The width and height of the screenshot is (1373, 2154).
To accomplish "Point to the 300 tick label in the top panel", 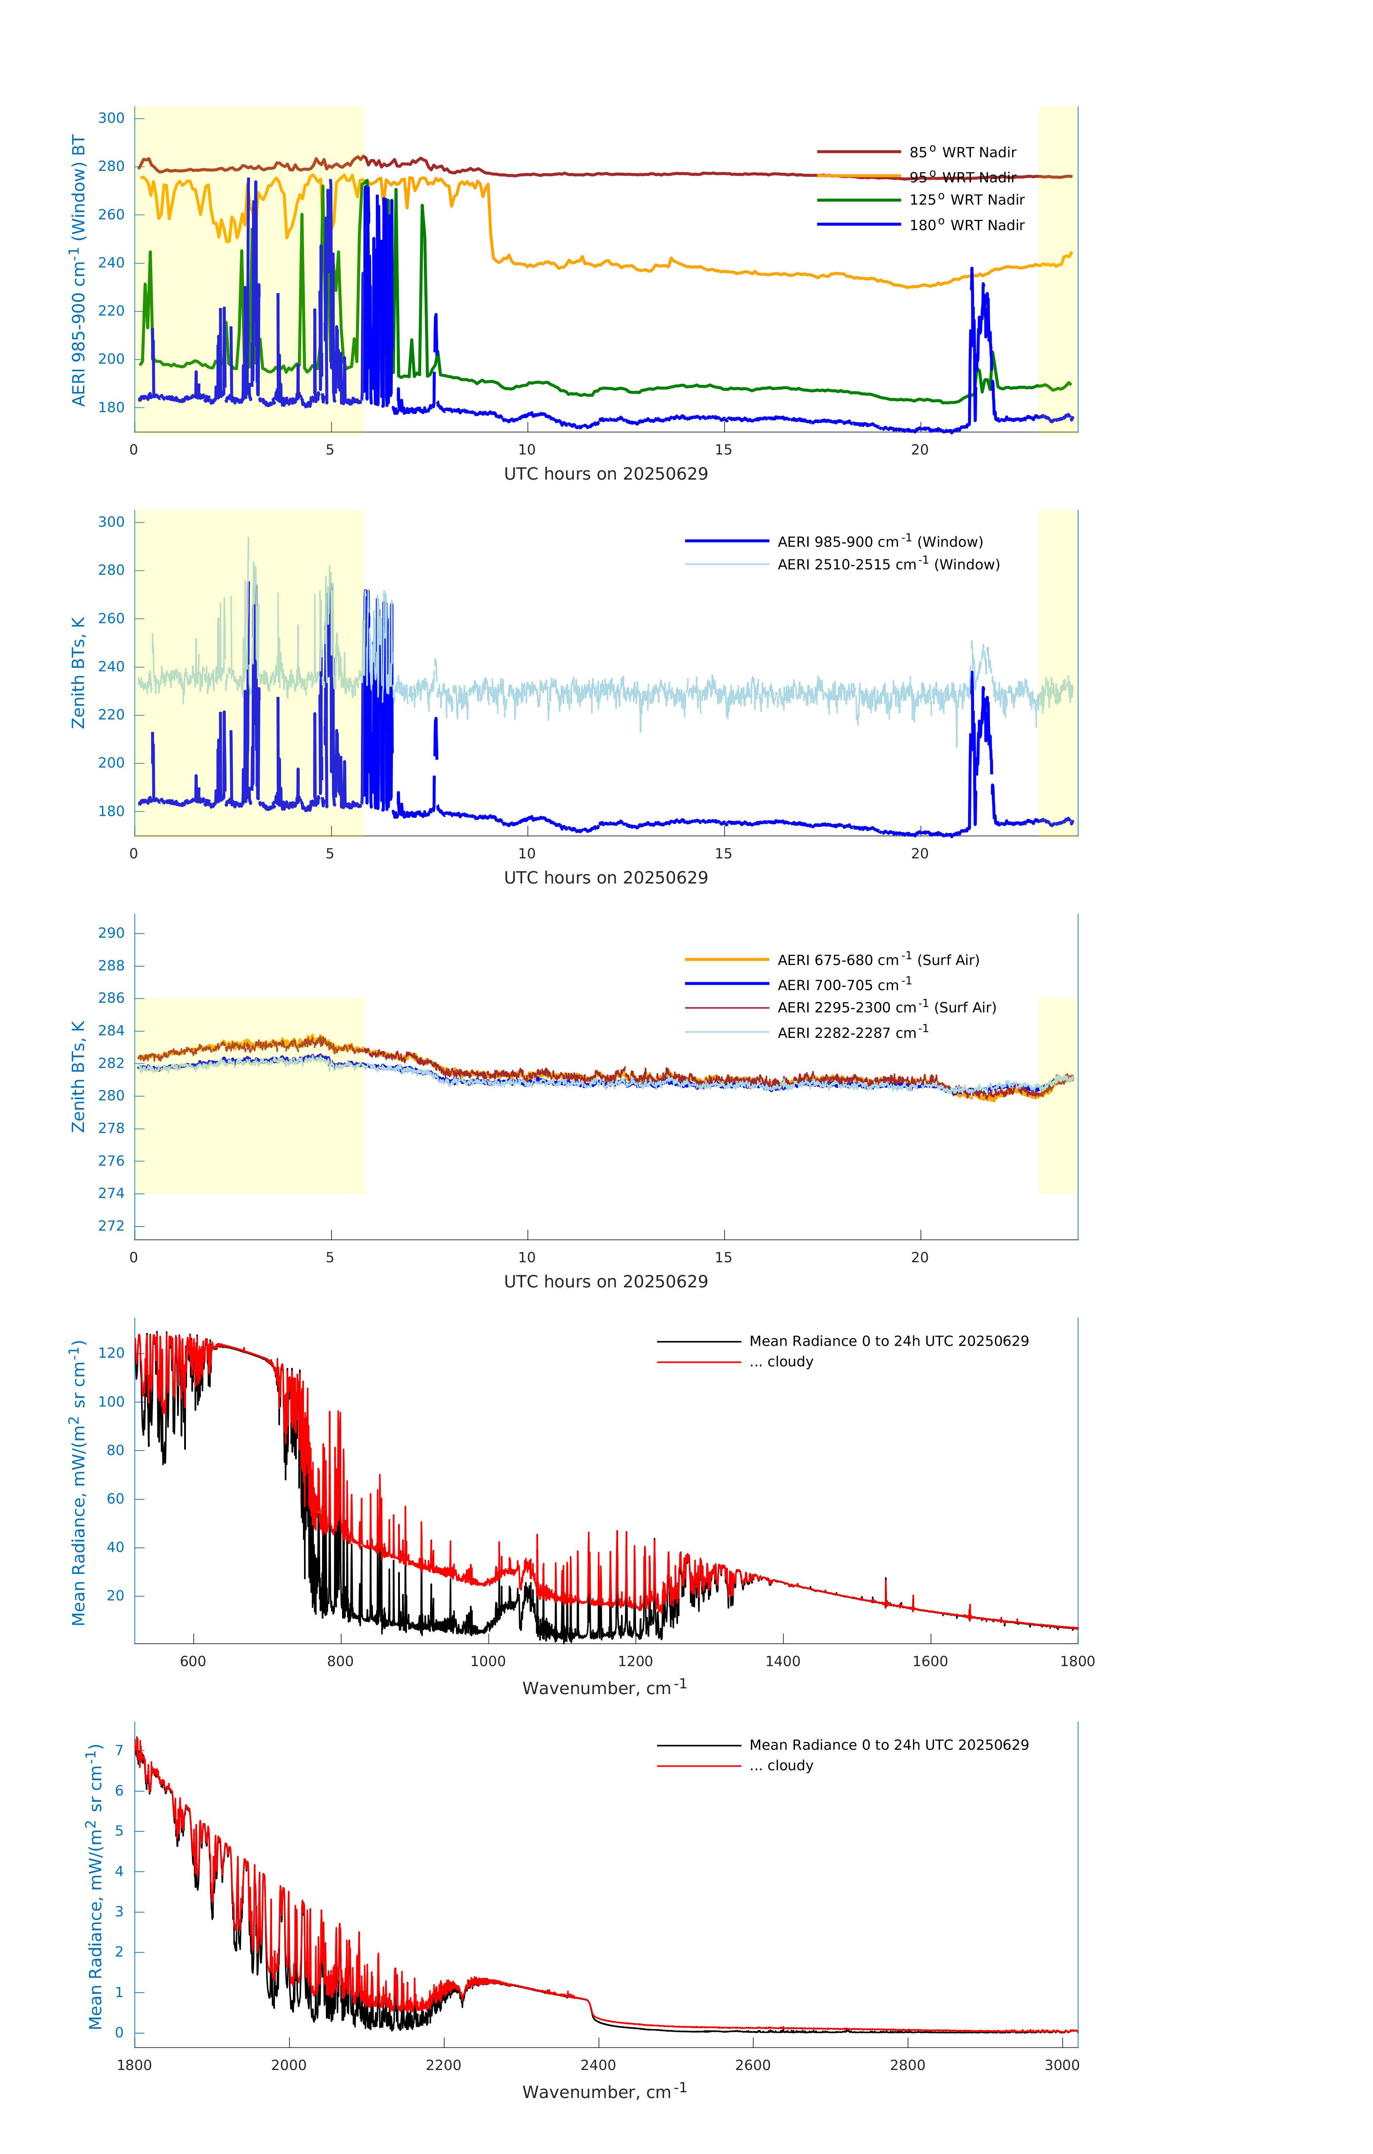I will (112, 118).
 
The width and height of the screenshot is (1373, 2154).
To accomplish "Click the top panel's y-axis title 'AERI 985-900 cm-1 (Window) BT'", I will (79, 270).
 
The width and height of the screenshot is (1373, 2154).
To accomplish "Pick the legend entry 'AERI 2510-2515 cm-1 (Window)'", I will (888, 564).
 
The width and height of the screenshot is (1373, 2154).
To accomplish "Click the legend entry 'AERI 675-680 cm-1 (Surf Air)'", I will (878, 960).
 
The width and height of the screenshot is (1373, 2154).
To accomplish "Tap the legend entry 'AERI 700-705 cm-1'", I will (844, 985).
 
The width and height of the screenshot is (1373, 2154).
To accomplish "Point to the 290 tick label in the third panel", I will (112, 933).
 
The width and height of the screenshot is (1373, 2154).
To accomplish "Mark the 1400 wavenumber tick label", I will (783, 1661).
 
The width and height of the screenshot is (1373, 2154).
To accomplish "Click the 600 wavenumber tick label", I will (193, 1661).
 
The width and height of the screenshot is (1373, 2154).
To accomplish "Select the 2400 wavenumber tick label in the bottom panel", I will (598, 2065).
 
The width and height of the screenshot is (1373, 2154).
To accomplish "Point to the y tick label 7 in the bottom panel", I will (119, 1750).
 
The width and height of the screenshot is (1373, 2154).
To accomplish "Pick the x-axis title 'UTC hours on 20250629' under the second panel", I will (606, 877).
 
